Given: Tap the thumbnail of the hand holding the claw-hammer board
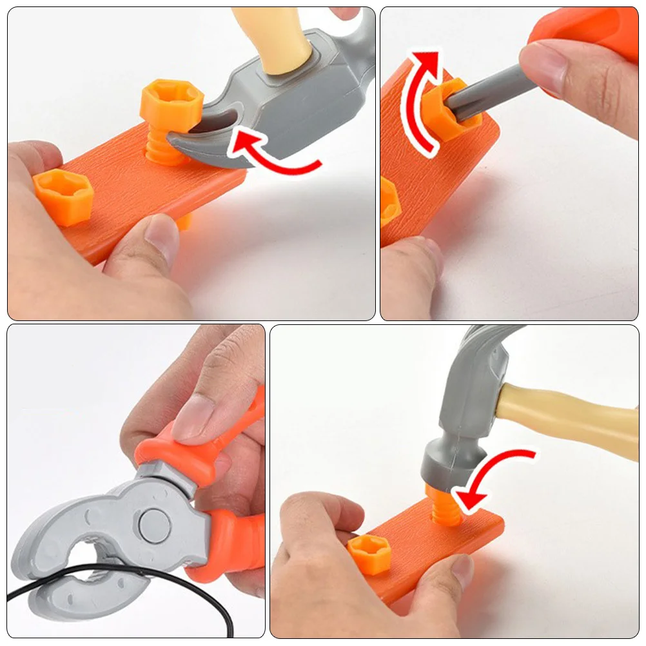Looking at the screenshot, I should click(161, 237).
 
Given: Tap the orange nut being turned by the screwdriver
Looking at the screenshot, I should click(451, 113).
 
